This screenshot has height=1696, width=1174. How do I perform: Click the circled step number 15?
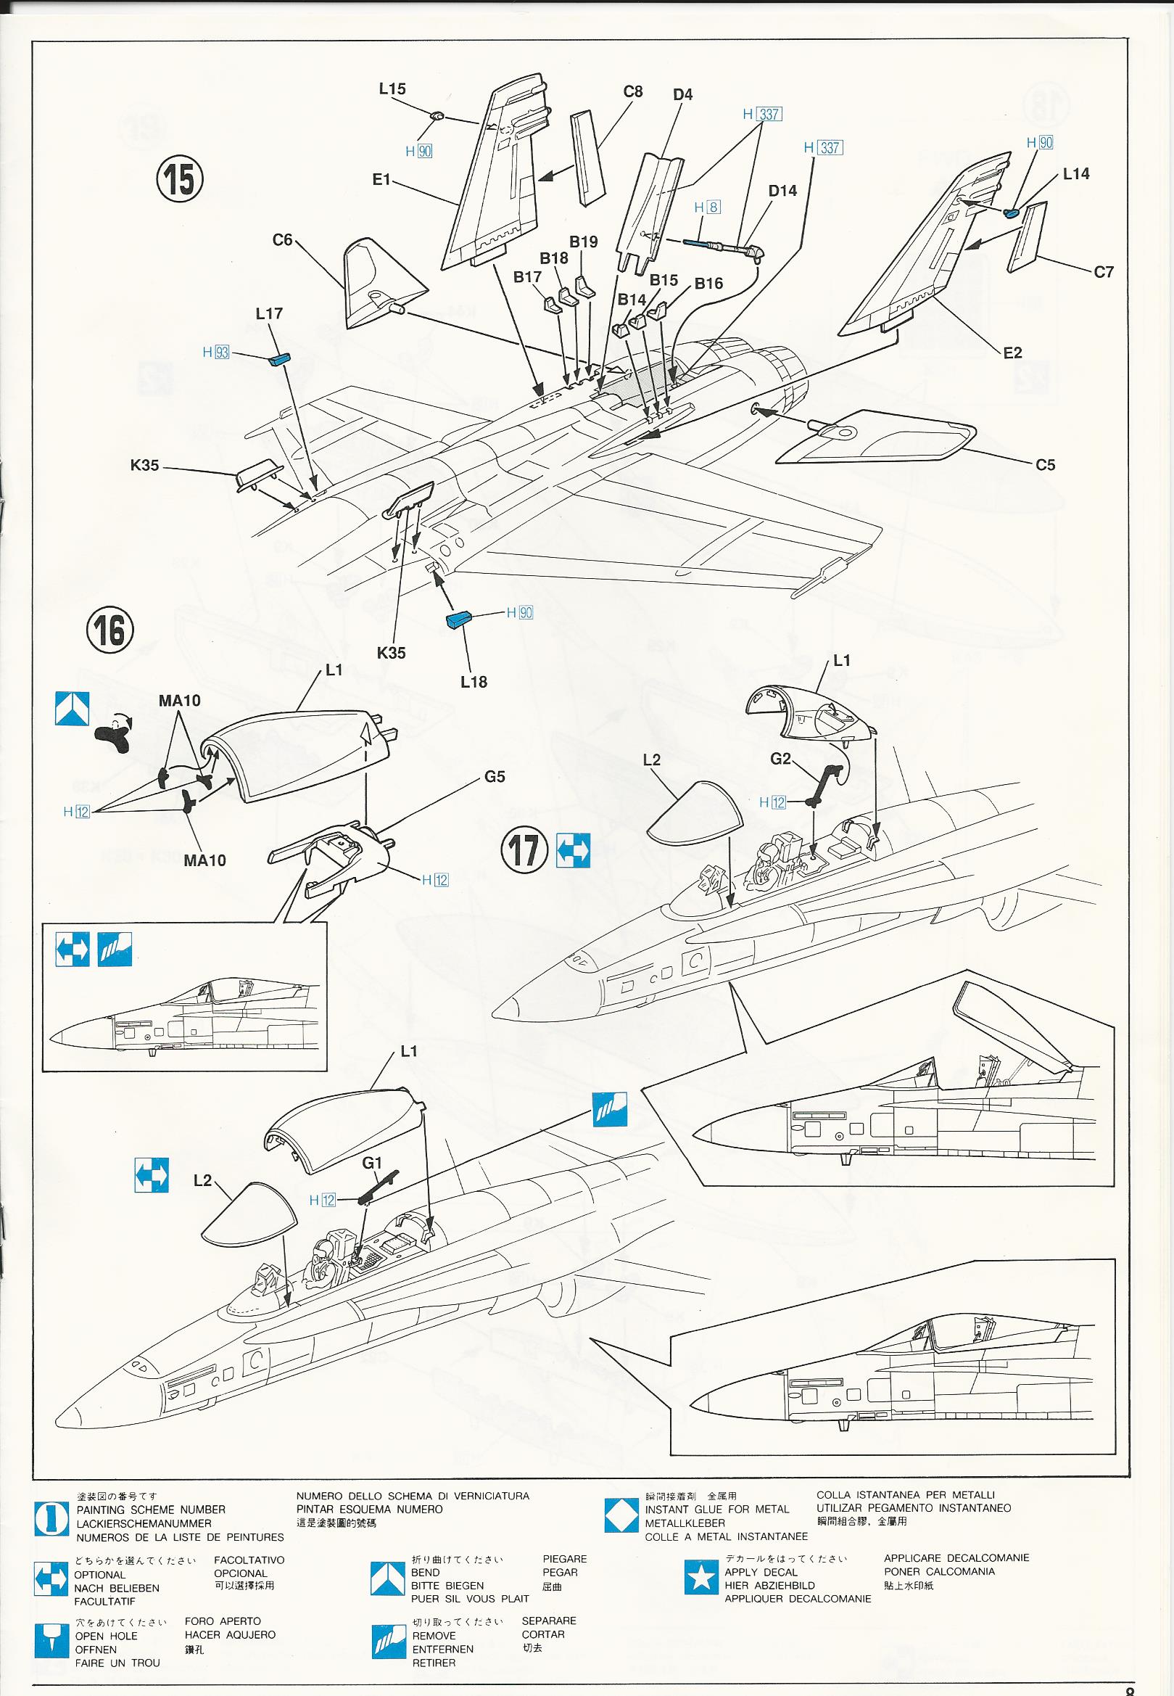[x=181, y=178]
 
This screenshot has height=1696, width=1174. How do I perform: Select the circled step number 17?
[x=524, y=851]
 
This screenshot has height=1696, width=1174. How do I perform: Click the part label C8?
[x=632, y=91]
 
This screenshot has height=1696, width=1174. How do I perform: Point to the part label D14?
[x=782, y=191]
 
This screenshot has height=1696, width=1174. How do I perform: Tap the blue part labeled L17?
[x=279, y=359]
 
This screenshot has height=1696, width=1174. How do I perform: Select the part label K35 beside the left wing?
[x=144, y=465]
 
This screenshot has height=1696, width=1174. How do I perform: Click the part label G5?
[x=495, y=776]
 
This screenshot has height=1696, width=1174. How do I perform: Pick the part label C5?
[x=1044, y=465]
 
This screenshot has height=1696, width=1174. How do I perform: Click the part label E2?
[x=1012, y=353]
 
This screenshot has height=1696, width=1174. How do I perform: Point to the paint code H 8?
[x=706, y=207]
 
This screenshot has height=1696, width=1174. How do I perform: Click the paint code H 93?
[x=216, y=353]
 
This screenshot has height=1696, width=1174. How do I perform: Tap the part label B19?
[x=583, y=242]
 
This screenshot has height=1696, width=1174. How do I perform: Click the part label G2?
[x=780, y=758]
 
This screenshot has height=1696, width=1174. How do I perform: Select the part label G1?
[x=373, y=1164]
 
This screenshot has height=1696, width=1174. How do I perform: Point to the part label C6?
[x=283, y=240]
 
